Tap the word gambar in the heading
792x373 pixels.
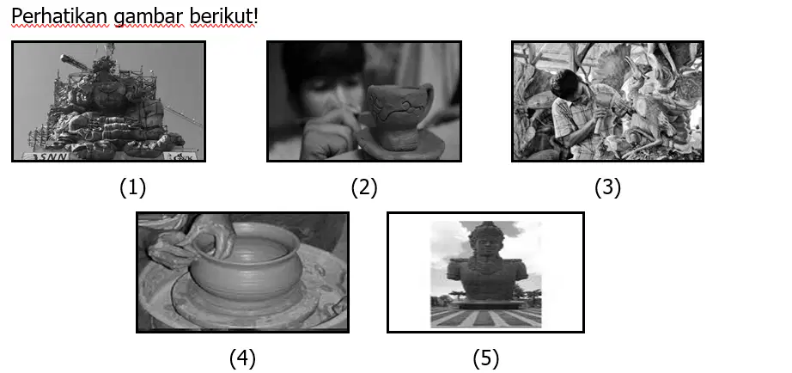coord(148,18)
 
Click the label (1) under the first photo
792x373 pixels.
coord(133,188)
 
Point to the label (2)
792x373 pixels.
coord(364,188)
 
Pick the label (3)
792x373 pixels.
coord(607,188)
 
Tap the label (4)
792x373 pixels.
coord(242,359)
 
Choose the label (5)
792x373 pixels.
coord(486,359)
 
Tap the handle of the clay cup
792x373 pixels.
coord(429,97)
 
